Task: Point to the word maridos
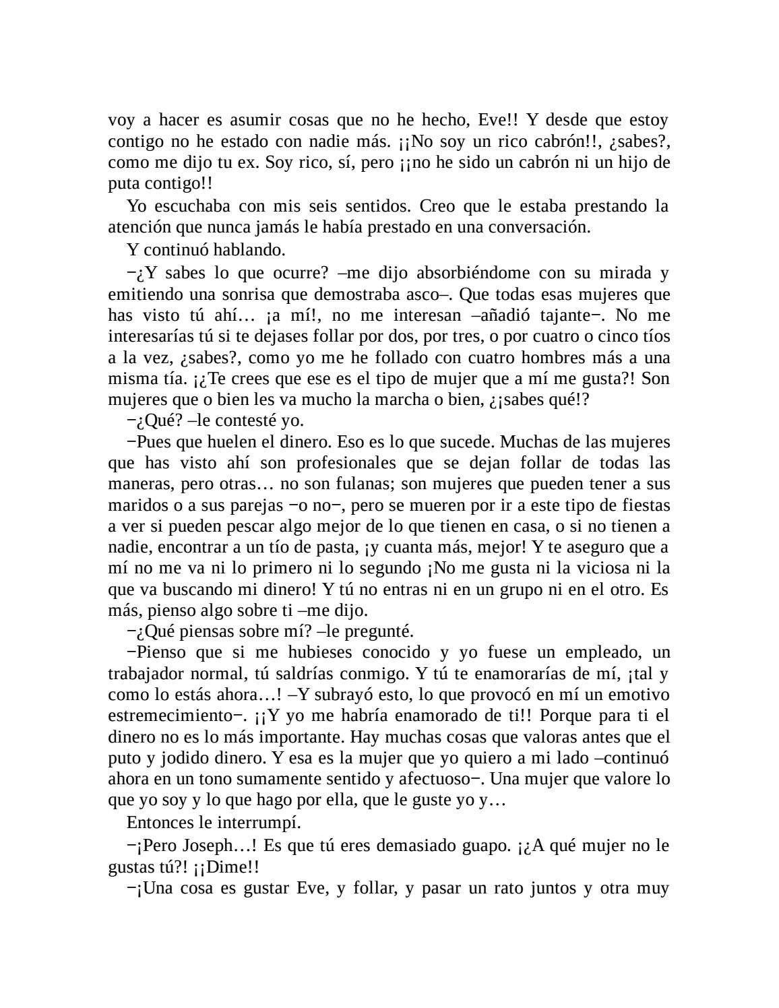pos(135,505)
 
